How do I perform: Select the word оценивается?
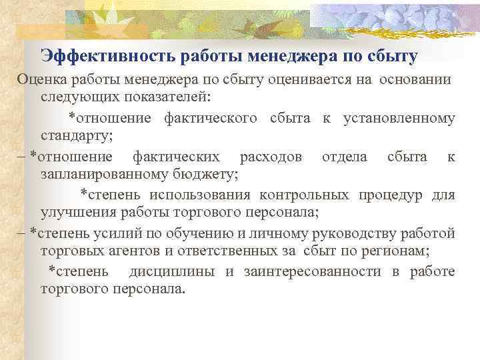click(309, 80)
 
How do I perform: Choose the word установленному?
click(399, 119)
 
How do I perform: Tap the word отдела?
click(344, 157)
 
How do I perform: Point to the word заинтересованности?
click(324, 272)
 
